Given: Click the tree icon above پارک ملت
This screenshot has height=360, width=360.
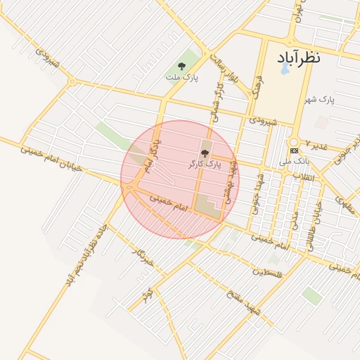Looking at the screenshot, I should (181, 66).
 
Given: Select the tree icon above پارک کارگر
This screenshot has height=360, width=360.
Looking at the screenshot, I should (205, 153).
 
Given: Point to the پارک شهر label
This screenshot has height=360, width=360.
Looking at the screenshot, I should (321, 100).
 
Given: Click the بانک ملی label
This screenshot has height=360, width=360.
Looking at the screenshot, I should (294, 161).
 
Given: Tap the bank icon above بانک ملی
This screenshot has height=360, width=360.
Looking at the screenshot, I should (294, 150).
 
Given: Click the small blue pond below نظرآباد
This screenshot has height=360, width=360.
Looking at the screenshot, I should (285, 70).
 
